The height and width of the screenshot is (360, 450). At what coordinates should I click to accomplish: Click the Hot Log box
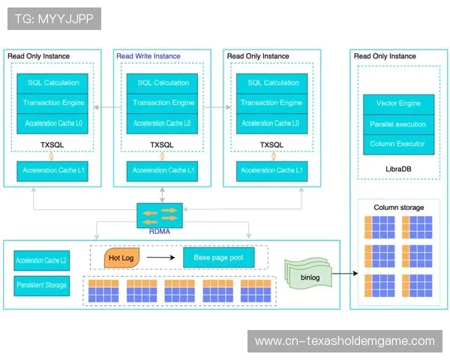(120, 258)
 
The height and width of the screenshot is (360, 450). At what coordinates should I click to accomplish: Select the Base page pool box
(218, 258)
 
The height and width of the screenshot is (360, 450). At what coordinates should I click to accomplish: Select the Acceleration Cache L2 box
(41, 261)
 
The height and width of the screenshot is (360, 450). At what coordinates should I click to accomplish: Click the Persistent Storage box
(41, 285)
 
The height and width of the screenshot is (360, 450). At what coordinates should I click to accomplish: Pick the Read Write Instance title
(148, 56)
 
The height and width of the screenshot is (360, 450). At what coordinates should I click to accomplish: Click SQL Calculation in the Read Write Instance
(161, 82)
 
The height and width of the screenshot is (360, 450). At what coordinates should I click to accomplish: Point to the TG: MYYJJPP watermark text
(54, 18)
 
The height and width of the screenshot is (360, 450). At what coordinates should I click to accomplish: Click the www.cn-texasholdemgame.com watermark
(345, 341)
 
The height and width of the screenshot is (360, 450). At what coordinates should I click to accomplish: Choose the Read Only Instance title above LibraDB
(385, 56)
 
